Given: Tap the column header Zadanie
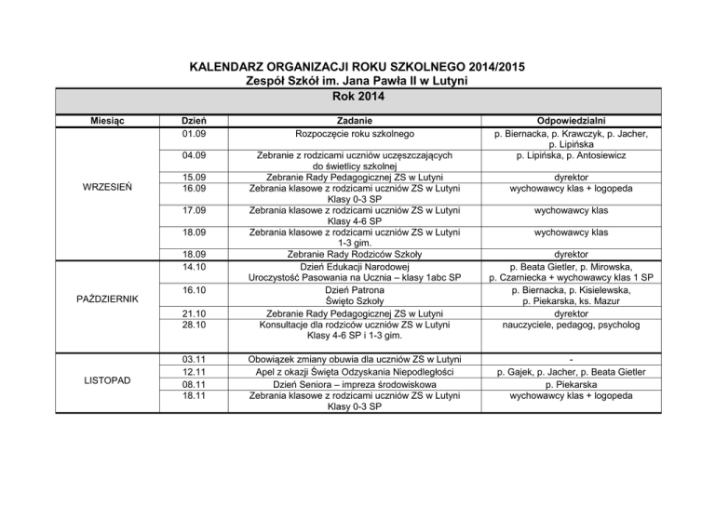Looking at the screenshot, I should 356,120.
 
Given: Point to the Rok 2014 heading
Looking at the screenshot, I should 358,95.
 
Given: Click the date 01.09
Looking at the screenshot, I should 196,134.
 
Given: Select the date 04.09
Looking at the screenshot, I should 196,155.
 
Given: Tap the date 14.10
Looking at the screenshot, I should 196,265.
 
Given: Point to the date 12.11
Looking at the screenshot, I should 196,369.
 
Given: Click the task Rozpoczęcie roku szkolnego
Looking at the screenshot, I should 356,134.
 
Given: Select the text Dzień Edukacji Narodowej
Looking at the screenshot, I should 356,265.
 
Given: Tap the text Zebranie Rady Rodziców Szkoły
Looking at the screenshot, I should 356,253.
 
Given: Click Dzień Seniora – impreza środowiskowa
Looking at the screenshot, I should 356,382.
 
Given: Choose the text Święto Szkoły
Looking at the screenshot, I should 356,301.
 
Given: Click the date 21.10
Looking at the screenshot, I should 196,314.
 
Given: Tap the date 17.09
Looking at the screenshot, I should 196,210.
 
